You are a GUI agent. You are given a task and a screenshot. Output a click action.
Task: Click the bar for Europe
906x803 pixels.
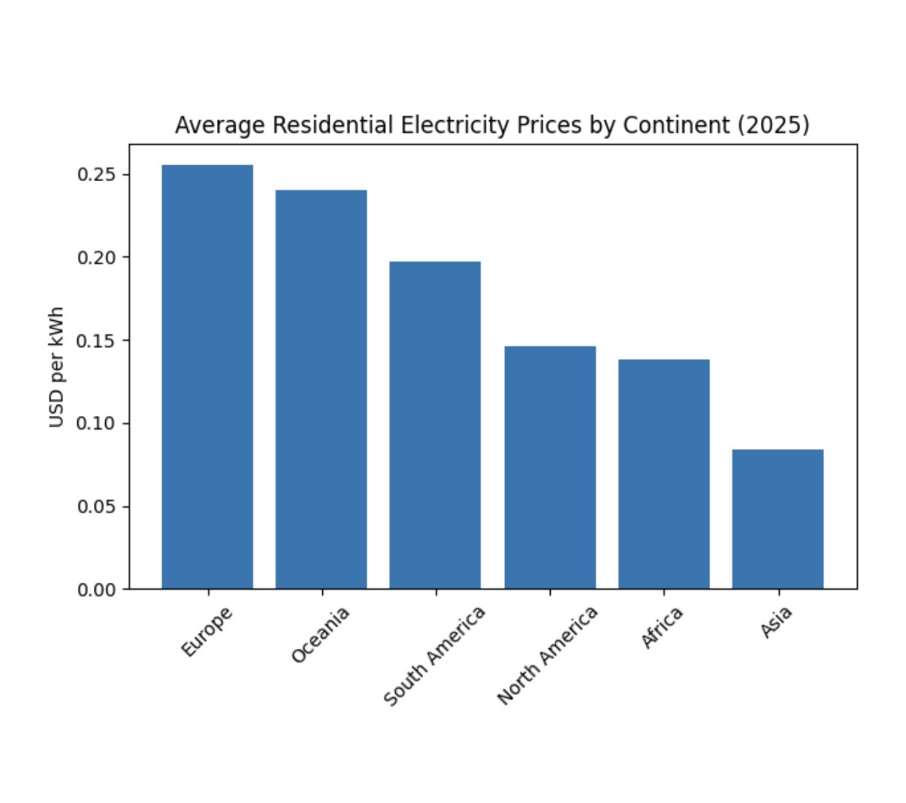click(x=207, y=376)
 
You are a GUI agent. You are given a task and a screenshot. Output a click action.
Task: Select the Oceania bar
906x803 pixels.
click(x=322, y=389)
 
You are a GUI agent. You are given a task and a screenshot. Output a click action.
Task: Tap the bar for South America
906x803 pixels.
click(x=435, y=425)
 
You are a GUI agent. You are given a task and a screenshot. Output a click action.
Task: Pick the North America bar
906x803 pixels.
click(x=550, y=467)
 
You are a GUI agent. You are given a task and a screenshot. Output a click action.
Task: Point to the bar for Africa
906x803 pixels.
click(x=664, y=474)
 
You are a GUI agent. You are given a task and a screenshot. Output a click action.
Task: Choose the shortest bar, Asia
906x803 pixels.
click(x=778, y=519)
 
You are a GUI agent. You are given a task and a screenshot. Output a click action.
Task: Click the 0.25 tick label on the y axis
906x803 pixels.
click(x=97, y=174)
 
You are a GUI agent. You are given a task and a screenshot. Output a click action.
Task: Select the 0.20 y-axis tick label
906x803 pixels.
click(x=97, y=258)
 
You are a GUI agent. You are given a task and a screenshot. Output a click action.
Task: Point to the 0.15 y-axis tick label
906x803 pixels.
click(x=97, y=340)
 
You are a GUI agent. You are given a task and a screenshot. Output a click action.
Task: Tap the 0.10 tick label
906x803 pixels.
click(x=97, y=424)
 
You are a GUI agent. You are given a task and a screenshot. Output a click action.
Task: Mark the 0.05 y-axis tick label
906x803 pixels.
click(x=97, y=506)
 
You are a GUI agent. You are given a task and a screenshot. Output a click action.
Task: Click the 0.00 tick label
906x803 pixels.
click(x=97, y=590)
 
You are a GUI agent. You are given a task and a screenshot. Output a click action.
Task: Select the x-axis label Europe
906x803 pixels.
click(x=207, y=632)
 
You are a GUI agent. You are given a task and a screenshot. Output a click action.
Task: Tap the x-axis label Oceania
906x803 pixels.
click(x=321, y=635)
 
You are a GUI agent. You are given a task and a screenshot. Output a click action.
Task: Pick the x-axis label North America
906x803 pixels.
click(x=548, y=656)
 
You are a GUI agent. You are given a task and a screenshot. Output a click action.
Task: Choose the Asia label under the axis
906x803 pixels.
click(x=776, y=623)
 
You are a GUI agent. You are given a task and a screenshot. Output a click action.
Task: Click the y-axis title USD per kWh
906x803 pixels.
click(x=56, y=367)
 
